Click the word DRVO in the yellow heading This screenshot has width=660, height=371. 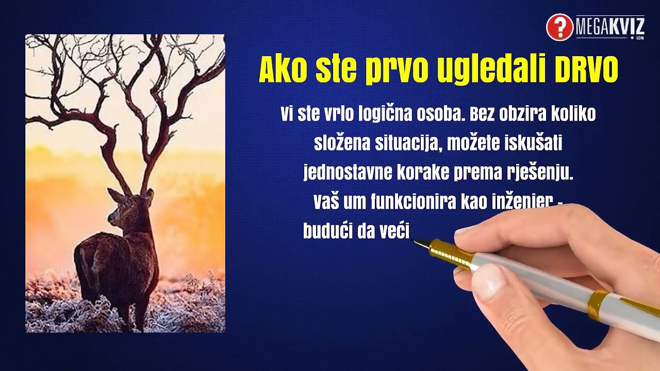tap(586, 71)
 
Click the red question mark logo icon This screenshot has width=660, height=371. tap(559, 27)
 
